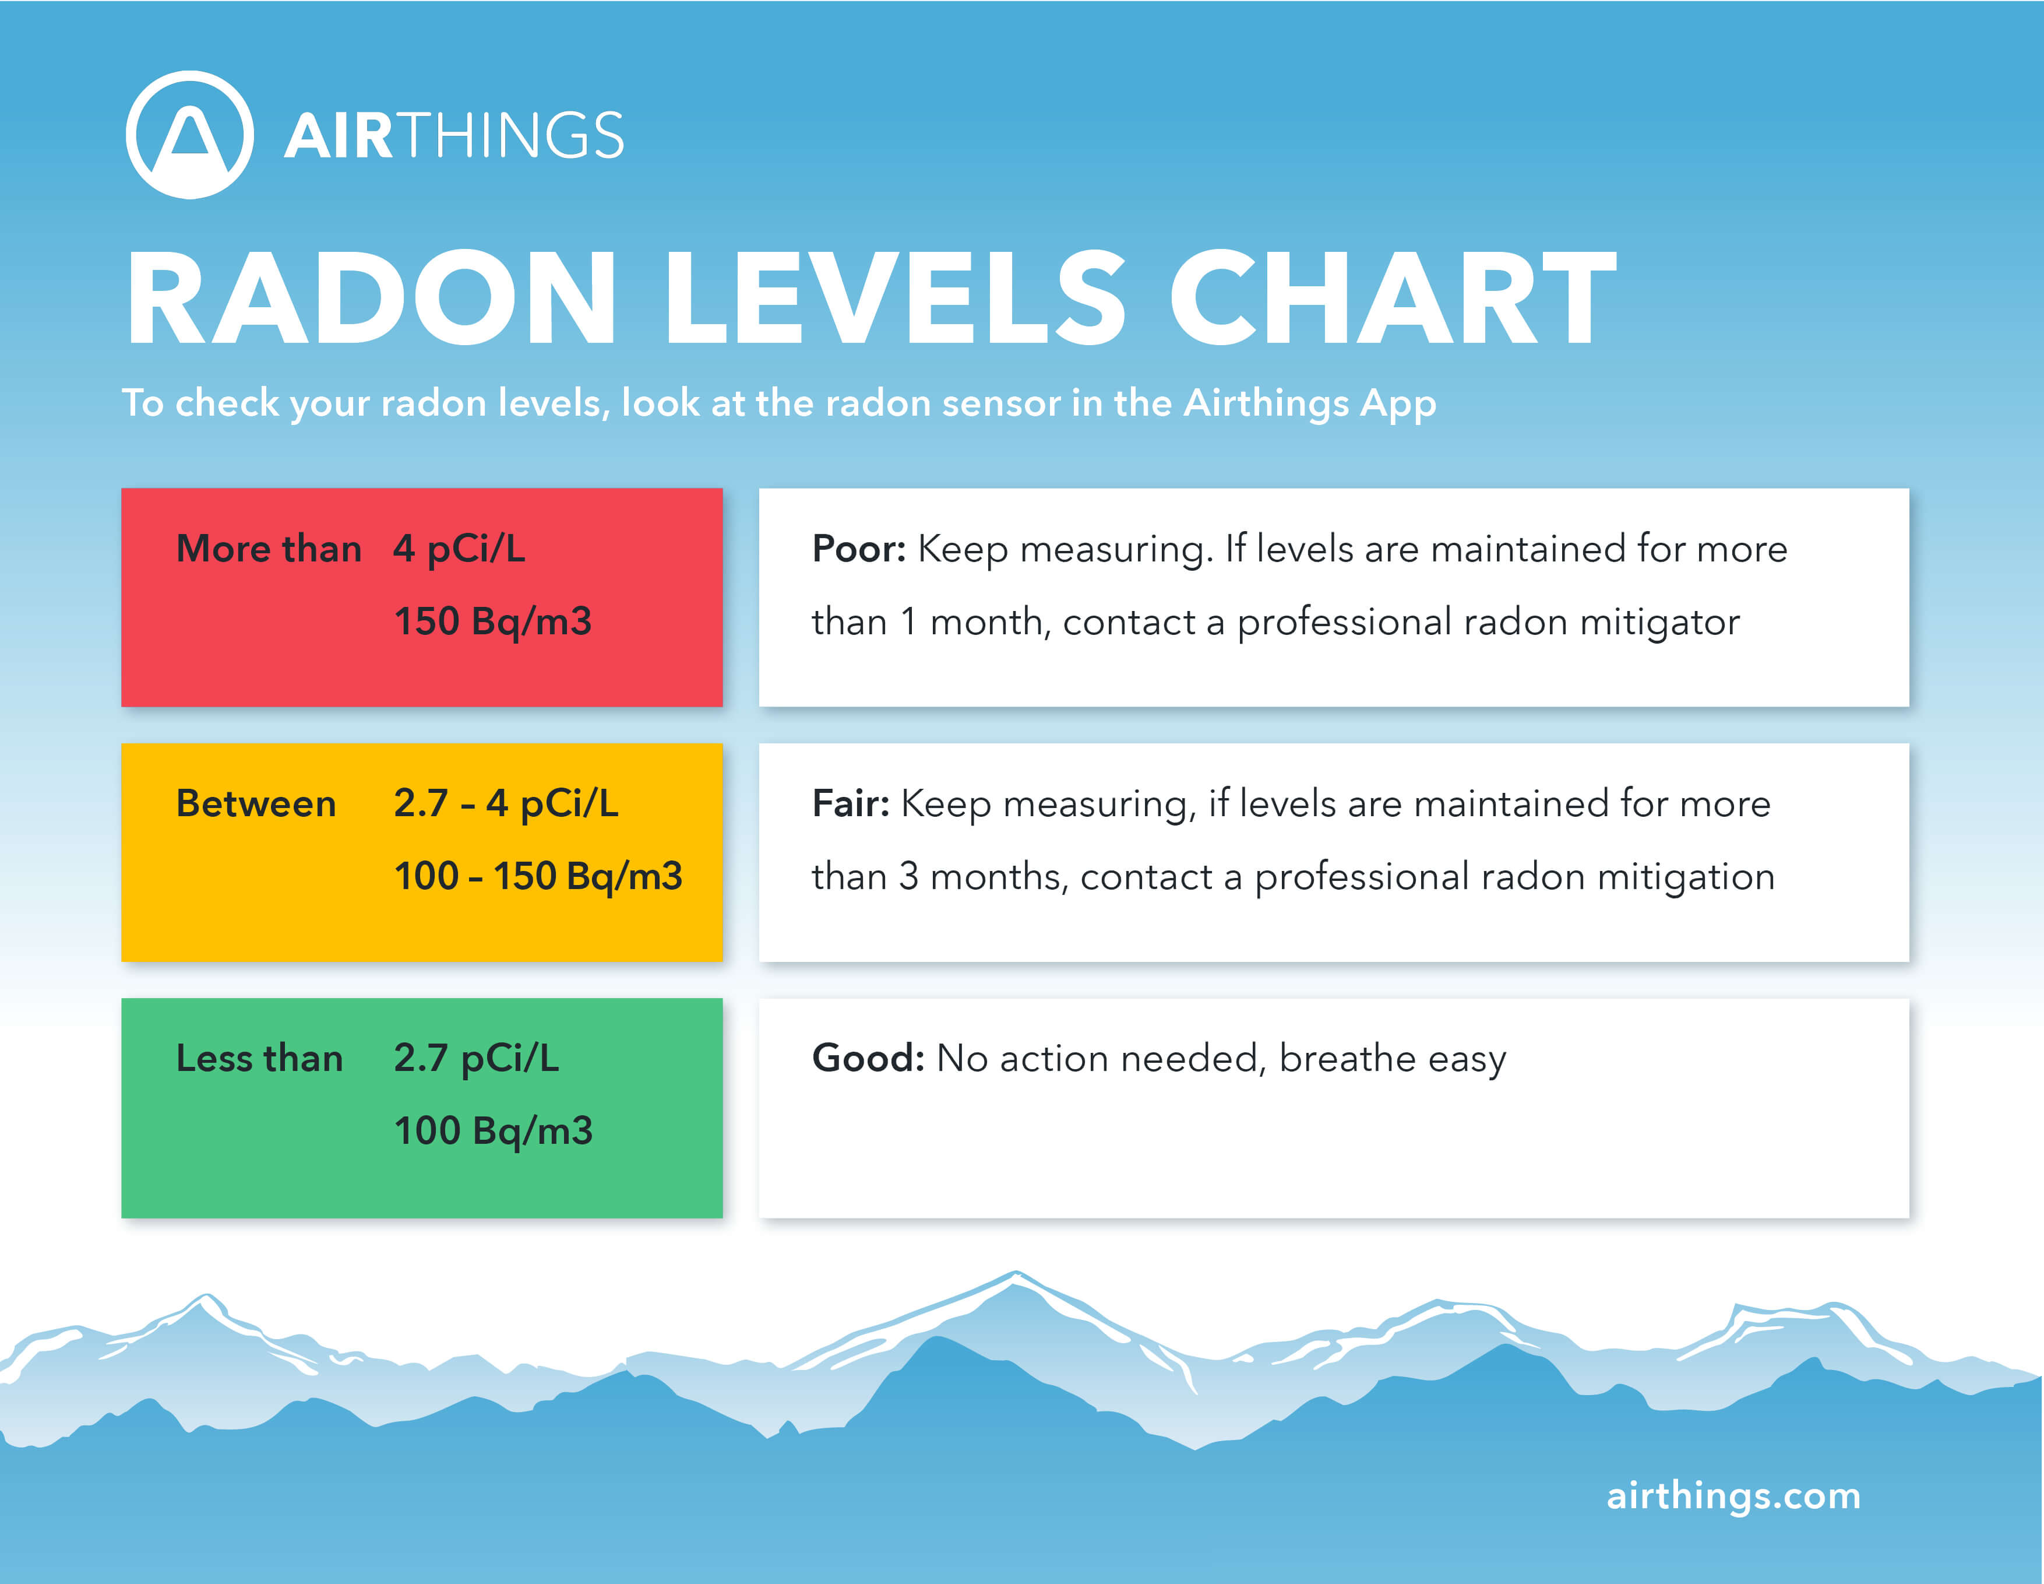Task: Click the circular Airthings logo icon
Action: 190,135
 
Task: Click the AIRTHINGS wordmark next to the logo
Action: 454,136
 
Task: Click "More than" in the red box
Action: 269,549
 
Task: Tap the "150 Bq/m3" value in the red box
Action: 493,621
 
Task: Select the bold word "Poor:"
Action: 858,549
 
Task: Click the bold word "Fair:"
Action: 850,803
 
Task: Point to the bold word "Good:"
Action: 868,1058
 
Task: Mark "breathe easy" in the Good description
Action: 1393,1059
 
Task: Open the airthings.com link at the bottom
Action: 1733,1495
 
